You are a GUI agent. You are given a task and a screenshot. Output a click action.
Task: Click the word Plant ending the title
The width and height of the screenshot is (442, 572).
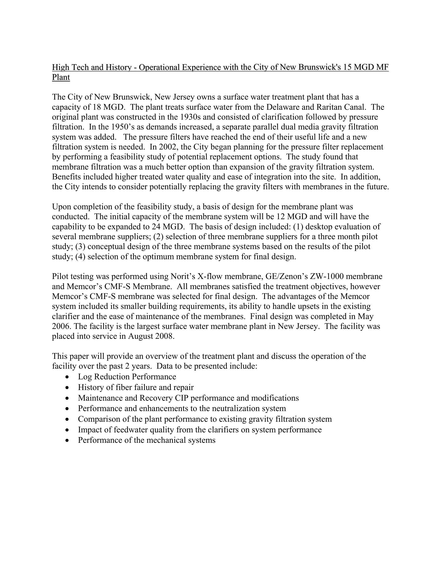pyautogui.click(x=61, y=77)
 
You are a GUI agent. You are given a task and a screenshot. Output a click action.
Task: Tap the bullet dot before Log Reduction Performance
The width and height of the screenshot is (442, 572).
pyautogui.click(x=68, y=377)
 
